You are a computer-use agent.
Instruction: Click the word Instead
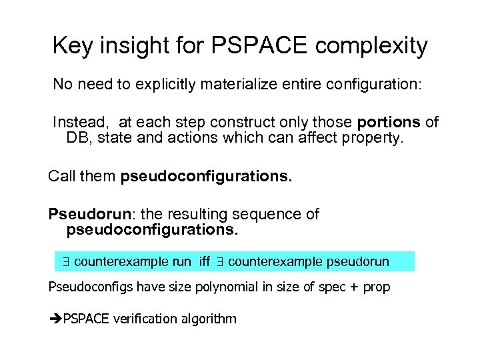[81, 123]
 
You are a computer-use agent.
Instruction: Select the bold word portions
[389, 123]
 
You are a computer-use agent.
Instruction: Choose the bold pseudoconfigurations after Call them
[206, 177]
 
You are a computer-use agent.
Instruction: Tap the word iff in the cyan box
[205, 262]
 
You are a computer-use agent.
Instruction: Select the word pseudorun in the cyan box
[358, 262]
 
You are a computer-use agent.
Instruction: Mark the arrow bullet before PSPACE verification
[55, 319]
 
